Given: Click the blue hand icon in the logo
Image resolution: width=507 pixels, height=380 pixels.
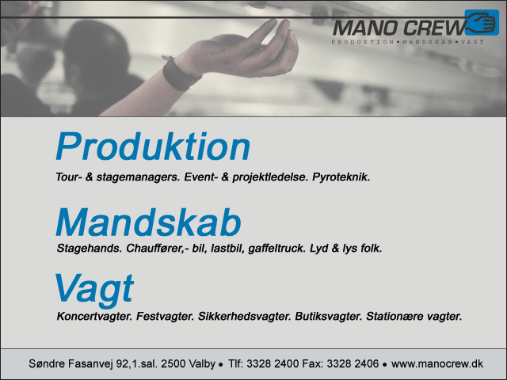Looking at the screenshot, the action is point(482,23).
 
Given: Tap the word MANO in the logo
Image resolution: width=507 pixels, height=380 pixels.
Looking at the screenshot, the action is point(365,28).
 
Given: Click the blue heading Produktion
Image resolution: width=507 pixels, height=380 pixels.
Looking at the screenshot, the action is point(153,146).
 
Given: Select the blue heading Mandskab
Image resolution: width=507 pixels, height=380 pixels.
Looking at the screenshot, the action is point(148,222).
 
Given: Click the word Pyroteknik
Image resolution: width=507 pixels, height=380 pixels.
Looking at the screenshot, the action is point(341,177).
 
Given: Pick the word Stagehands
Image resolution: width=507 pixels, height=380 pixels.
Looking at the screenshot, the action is point(90,248).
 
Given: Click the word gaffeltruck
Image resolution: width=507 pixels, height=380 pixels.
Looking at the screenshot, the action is point(276,248).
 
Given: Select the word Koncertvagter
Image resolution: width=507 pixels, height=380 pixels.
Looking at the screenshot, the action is point(94,316).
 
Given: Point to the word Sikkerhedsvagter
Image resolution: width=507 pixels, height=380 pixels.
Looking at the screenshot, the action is point(245,316).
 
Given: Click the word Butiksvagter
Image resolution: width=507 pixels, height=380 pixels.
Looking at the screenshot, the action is point(329,316).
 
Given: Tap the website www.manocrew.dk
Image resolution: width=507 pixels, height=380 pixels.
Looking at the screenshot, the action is point(437,364).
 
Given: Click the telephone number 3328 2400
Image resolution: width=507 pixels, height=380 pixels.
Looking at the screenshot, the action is point(273,364).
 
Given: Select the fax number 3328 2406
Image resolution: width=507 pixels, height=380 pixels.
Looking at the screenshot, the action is point(353,364).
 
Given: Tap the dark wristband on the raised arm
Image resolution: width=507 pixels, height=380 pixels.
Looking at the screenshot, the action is point(181,74).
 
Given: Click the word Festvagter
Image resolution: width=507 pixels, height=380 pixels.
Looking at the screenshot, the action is point(165,316).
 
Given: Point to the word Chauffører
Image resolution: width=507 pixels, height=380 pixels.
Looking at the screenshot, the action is point(155,248).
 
